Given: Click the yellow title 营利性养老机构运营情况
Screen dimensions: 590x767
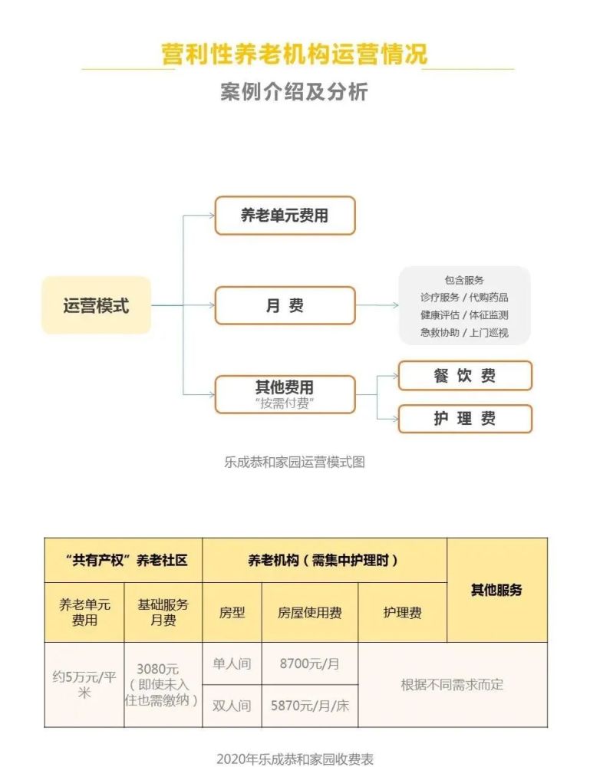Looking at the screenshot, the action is [295, 54].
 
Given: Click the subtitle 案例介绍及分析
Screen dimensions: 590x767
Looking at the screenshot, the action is [294, 91].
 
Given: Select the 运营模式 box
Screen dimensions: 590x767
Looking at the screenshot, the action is [97, 305].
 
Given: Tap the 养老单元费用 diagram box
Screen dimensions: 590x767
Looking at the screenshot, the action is [285, 216].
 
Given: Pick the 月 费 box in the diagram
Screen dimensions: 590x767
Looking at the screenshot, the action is [285, 306].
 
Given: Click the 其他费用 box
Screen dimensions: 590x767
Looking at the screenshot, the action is [285, 394].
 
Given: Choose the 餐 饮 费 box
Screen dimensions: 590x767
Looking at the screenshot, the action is [465, 376].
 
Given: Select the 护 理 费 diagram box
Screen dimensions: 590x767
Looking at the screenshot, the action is [465, 419].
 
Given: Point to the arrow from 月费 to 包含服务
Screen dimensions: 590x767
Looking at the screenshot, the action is [377, 305].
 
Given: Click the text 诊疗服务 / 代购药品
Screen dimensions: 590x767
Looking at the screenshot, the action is [464, 298].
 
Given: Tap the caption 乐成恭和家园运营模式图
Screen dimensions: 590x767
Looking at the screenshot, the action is [295, 463].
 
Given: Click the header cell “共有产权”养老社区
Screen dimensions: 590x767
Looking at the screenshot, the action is [124, 560].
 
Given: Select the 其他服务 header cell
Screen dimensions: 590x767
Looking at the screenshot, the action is [496, 590].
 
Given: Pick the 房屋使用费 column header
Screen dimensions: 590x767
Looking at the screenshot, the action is [310, 612].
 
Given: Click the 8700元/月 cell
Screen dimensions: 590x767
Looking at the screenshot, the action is [310, 663].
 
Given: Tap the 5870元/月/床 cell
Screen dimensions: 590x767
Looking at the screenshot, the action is [310, 706].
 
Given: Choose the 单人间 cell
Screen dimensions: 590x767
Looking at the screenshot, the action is [232, 663].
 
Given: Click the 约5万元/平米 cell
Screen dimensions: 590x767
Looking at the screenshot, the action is [84, 685].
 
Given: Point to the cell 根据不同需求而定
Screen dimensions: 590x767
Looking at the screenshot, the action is [453, 685].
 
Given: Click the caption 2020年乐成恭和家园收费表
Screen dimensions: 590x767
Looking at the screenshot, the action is [295, 759].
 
